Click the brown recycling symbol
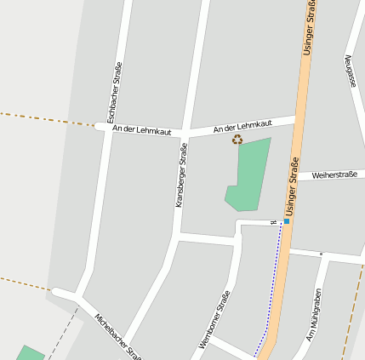(x=237, y=140)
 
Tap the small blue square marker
(x=287, y=221)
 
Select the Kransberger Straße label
(x=180, y=174)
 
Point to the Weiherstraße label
(x=334, y=174)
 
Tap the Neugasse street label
(x=350, y=71)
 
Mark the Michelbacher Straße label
(x=117, y=336)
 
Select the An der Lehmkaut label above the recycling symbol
(x=242, y=124)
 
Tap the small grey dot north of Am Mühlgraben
(x=321, y=254)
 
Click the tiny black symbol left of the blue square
(x=274, y=222)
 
